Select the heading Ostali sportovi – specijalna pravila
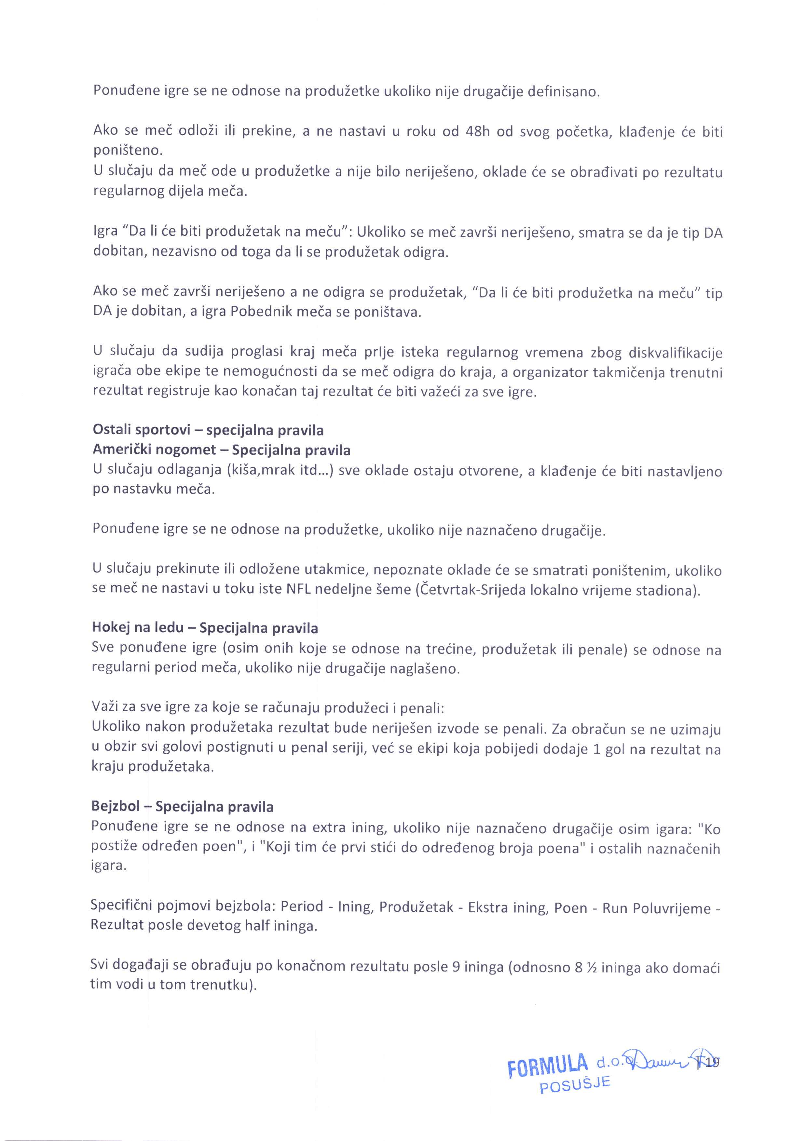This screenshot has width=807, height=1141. click(x=208, y=430)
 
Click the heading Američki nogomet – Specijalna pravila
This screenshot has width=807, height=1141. click(x=221, y=450)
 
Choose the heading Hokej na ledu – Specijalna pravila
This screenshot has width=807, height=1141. click(x=205, y=628)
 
